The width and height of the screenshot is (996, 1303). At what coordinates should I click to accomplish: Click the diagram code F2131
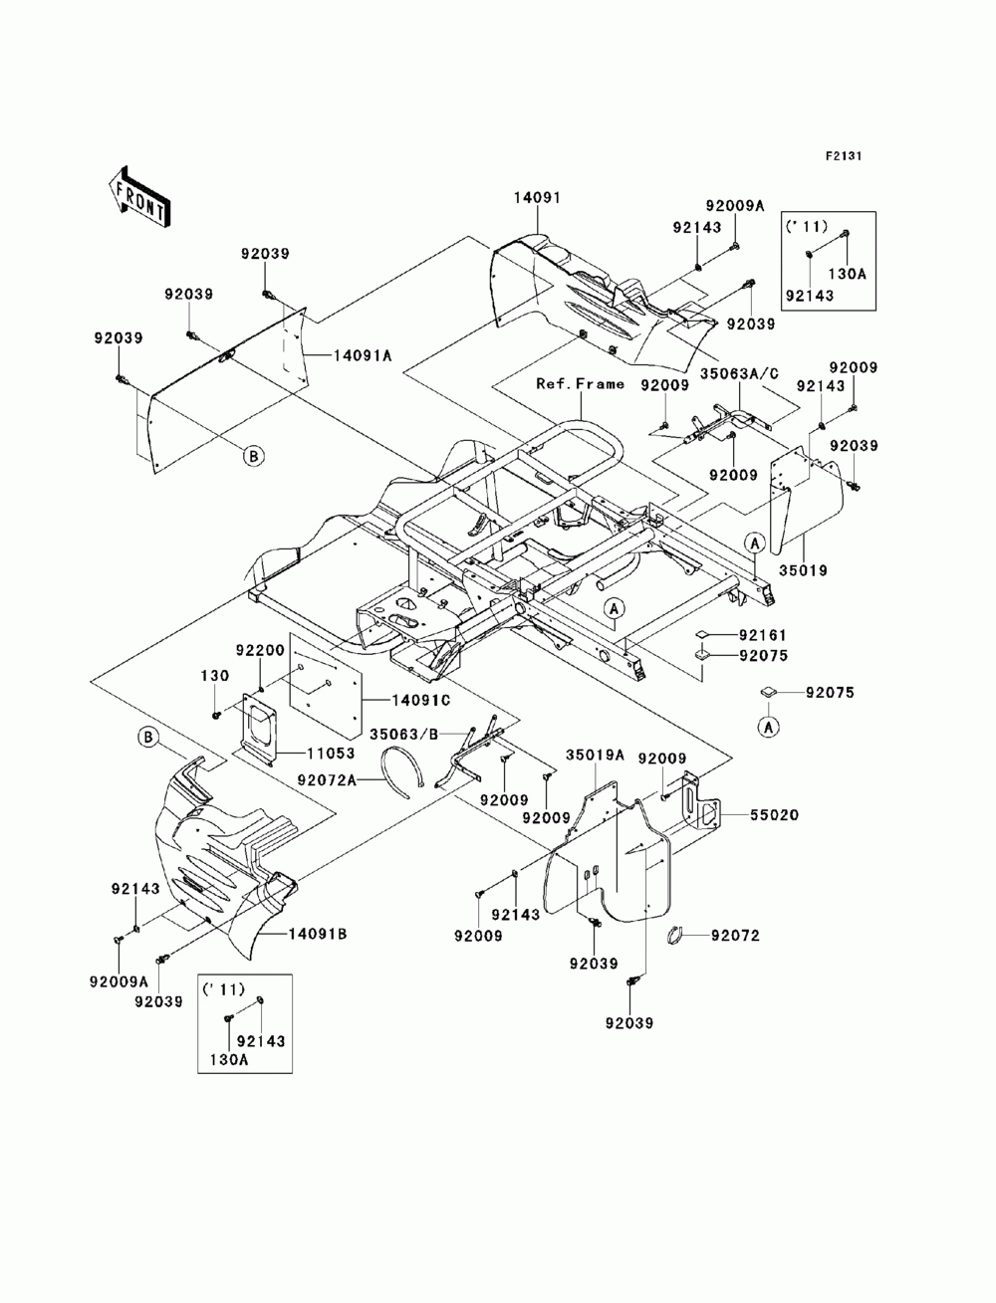tap(843, 156)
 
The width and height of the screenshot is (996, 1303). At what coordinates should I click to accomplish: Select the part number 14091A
tap(363, 355)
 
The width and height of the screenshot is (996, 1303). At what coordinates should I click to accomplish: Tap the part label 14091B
tap(318, 934)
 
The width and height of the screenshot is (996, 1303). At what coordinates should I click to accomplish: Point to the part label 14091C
tap(420, 701)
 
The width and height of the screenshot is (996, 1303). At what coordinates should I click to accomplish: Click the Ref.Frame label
tap(581, 383)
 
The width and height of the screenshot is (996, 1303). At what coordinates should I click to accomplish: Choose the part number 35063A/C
tap(739, 373)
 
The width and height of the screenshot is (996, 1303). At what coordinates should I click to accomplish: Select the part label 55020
tap(774, 815)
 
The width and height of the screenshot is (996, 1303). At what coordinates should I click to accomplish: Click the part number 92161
tap(763, 635)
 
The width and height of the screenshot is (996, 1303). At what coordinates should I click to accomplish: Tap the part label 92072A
tap(327, 780)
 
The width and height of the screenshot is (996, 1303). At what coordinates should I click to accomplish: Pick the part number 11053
tap(331, 753)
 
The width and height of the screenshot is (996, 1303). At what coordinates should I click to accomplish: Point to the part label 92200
tap(260, 650)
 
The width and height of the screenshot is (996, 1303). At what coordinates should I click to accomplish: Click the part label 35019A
tap(595, 755)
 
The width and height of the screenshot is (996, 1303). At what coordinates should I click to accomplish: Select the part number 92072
tap(735, 936)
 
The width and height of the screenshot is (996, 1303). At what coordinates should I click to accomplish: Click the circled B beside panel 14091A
tap(254, 456)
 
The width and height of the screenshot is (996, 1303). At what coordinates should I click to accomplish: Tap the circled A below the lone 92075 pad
tap(769, 727)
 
